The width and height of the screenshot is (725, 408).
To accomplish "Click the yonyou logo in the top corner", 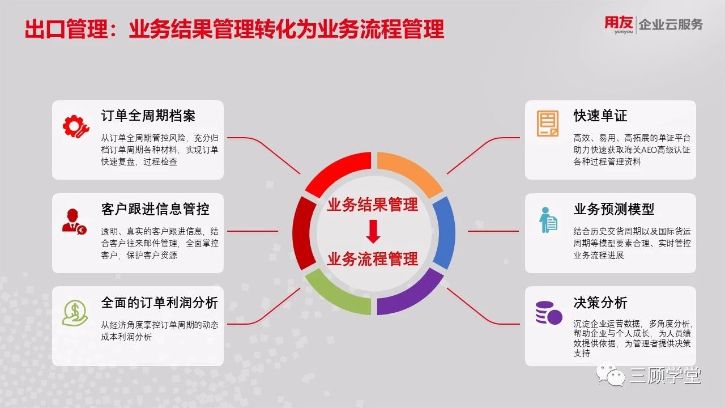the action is tap(619, 24).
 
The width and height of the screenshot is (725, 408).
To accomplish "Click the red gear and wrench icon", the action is tap(76, 126).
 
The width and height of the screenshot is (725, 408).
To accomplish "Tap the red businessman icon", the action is tap(74, 222).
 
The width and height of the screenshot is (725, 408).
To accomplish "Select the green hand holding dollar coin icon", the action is tap(75, 313).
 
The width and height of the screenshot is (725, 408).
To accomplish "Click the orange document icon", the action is tap(548, 124).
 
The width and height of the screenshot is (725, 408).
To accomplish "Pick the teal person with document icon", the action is tap(548, 220).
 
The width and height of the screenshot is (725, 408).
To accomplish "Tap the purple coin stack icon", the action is tap(549, 313).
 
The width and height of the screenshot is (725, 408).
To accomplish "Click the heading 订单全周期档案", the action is tap(148, 116).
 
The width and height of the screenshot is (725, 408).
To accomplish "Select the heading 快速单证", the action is tap(600, 116).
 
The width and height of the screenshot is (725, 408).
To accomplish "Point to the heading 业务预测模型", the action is tap(614, 209).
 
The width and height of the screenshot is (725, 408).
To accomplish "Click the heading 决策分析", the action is tap(600, 303).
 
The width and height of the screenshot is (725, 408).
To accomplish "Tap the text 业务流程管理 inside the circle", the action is tap(373, 259).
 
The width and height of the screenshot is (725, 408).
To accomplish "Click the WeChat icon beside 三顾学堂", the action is tap(611, 375).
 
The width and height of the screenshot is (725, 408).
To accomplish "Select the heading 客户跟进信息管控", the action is tap(155, 209).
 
